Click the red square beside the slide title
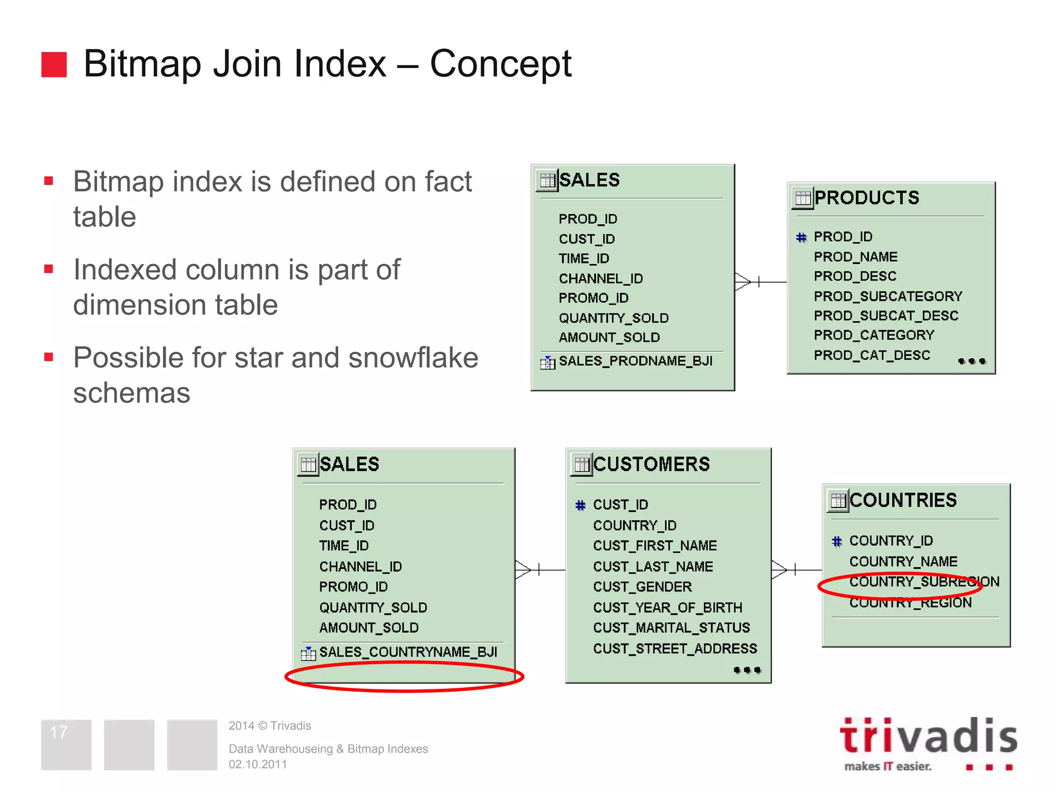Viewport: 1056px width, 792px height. click(54, 64)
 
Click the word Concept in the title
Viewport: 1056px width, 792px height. click(500, 64)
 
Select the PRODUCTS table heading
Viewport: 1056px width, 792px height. click(866, 198)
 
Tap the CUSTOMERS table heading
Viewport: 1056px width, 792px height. click(651, 465)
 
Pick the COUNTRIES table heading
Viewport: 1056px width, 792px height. click(903, 501)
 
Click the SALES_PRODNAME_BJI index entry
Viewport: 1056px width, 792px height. click(635, 361)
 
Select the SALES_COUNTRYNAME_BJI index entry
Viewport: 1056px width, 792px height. click(408, 652)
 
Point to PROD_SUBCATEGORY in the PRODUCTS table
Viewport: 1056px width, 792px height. click(888, 296)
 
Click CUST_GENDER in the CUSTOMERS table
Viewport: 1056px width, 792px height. click(642, 587)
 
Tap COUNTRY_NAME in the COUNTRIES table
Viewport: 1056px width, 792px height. click(903, 562)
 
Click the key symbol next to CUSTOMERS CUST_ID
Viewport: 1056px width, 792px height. click(581, 505)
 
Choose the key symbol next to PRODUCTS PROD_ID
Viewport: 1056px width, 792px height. click(801, 238)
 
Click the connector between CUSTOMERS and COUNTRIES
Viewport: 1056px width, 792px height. click(797, 570)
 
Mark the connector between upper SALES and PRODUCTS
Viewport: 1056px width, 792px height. click(761, 282)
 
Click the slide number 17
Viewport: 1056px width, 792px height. click(59, 732)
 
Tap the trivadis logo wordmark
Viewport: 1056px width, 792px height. click(928, 736)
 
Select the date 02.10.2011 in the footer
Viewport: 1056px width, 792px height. click(258, 764)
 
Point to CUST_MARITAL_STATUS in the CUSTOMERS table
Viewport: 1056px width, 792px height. click(671, 628)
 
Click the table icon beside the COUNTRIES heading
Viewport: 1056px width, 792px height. click(838, 501)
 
